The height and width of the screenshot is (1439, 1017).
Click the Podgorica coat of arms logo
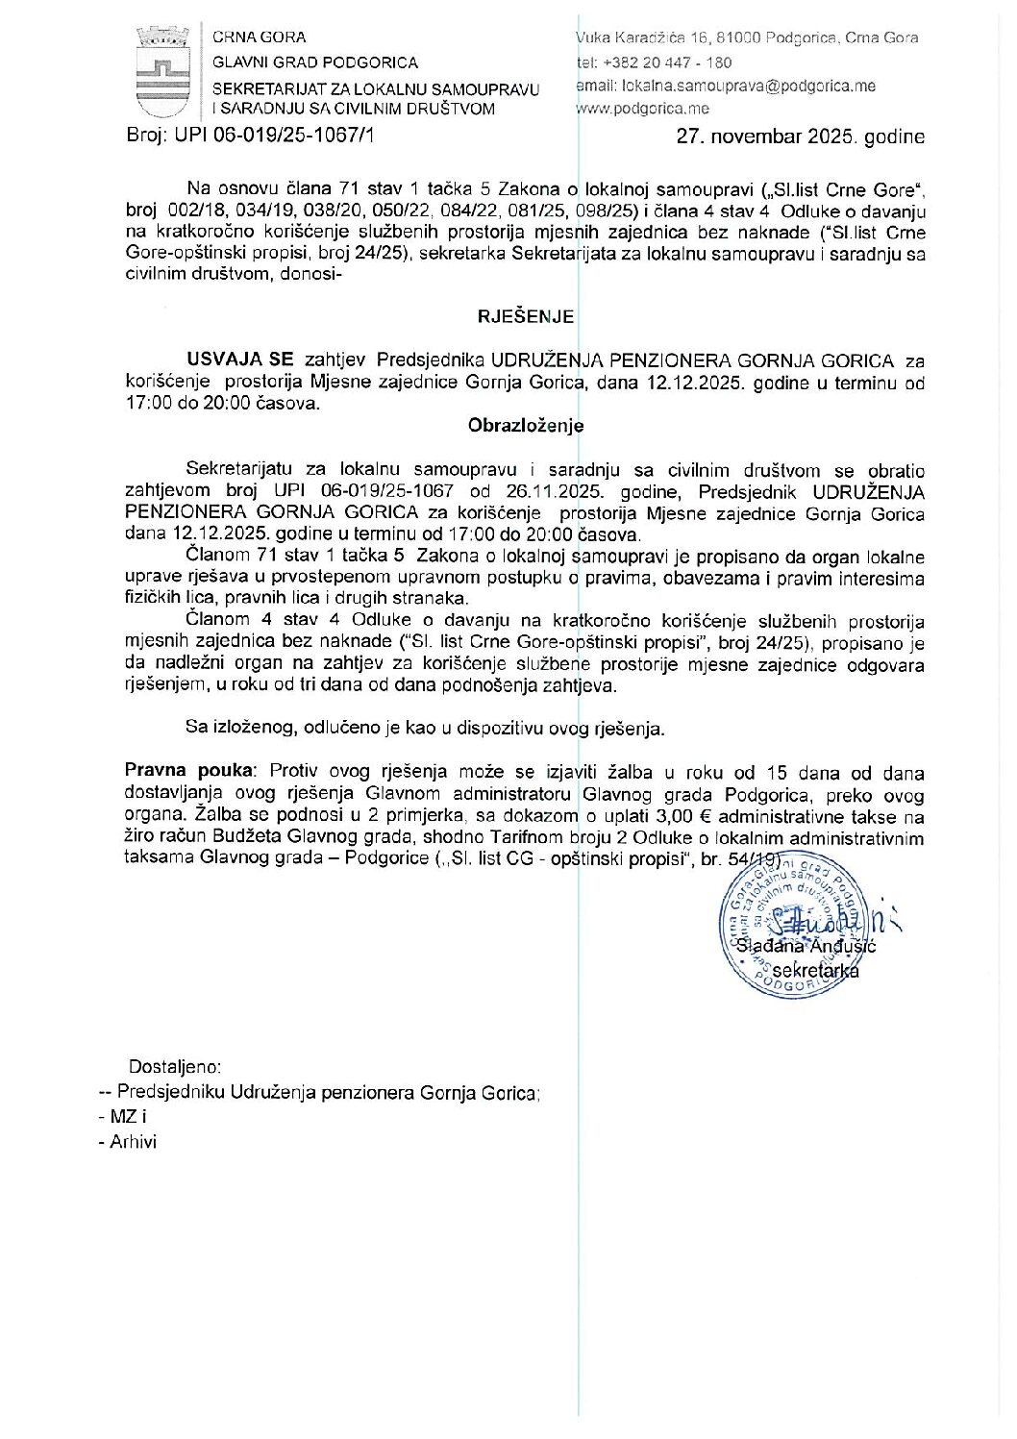(162, 71)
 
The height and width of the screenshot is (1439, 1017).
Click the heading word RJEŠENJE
(525, 316)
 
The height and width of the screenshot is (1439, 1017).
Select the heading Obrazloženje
(525, 425)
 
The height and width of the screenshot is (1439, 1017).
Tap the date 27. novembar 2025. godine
(800, 136)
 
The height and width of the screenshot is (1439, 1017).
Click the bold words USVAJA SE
(240, 360)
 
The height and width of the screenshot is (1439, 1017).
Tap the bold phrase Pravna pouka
(190, 772)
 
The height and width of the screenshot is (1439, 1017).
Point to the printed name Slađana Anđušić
(808, 947)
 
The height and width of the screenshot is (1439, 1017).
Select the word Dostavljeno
(175, 1067)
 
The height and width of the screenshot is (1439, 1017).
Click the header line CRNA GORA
(260, 37)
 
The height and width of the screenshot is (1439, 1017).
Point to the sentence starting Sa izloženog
(425, 728)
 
